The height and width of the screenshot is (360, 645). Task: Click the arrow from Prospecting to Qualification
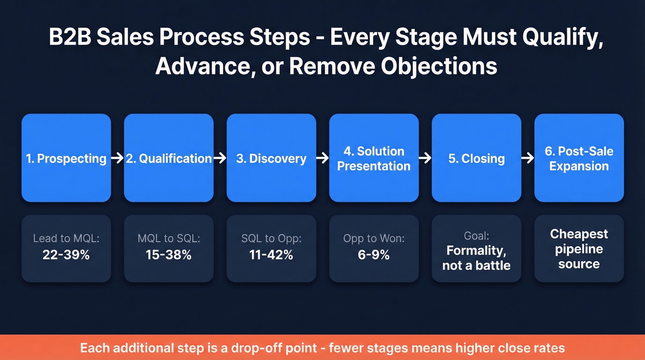coord(117,159)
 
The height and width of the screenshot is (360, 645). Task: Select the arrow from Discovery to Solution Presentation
coord(322,159)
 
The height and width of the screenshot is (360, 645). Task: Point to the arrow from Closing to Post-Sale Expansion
coord(528,159)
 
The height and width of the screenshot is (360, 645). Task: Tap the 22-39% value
coord(66,254)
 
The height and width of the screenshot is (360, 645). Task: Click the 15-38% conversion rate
coord(169,254)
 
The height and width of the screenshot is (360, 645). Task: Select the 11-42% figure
coord(271,254)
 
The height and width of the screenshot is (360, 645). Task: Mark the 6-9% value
coord(374,254)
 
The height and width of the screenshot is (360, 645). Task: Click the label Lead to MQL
coord(66,238)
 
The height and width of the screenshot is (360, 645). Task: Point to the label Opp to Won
coord(374,238)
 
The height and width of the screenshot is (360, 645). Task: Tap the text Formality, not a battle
coord(476,258)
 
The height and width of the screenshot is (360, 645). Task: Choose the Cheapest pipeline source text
coord(579,249)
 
